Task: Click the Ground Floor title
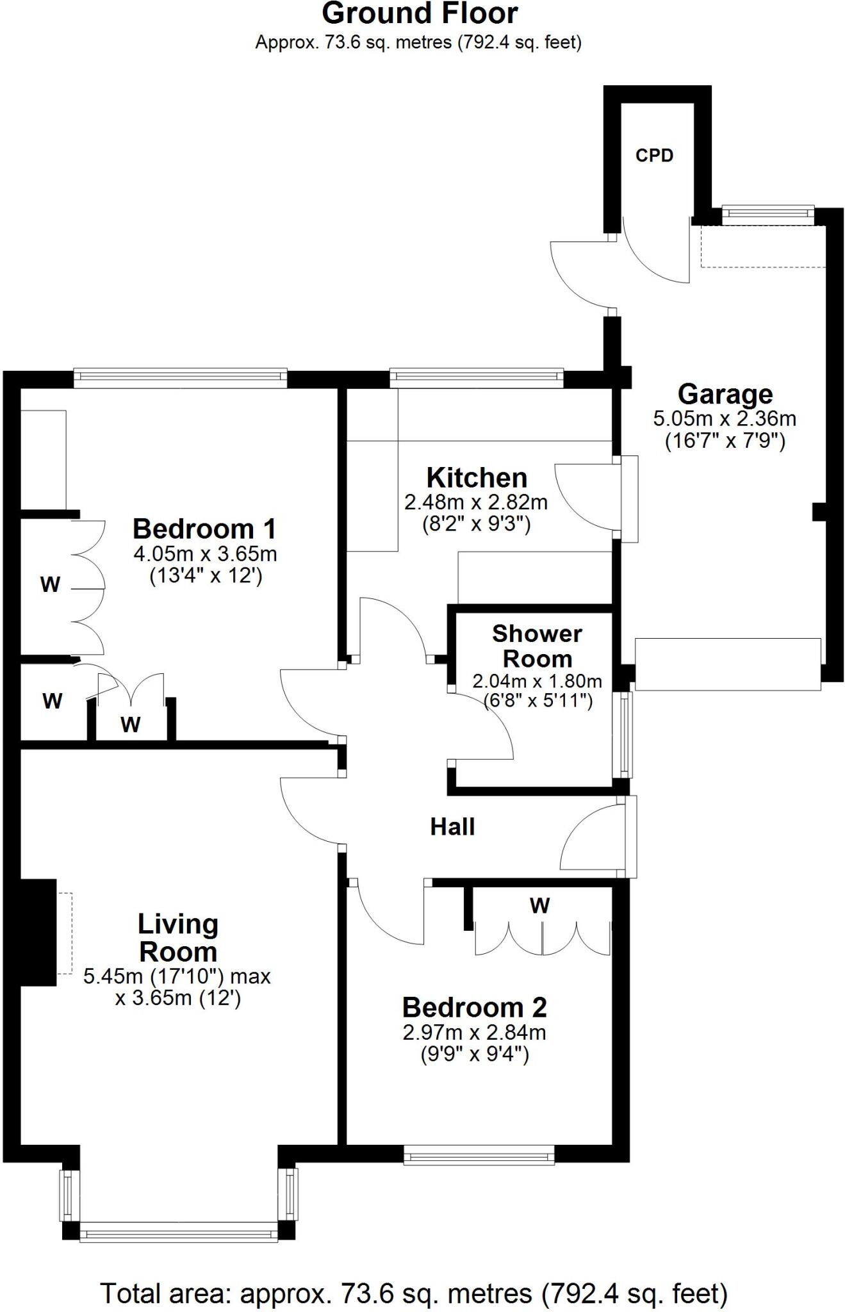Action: [419, 14]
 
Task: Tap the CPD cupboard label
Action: [654, 156]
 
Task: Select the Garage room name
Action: [725, 394]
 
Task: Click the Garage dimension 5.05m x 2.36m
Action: [725, 419]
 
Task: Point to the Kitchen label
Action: [477, 478]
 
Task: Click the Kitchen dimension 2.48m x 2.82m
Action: [476, 502]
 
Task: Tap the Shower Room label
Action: [537, 646]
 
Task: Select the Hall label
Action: [452, 827]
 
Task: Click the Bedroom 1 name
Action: [204, 529]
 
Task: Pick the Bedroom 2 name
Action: [474, 1008]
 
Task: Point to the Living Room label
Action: [178, 938]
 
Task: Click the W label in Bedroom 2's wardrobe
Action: [540, 906]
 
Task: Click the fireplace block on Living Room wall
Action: [38, 931]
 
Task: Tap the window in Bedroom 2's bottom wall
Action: [479, 1158]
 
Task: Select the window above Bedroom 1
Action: [180, 378]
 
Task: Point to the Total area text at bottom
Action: [414, 1293]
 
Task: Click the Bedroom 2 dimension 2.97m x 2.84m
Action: [474, 1032]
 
